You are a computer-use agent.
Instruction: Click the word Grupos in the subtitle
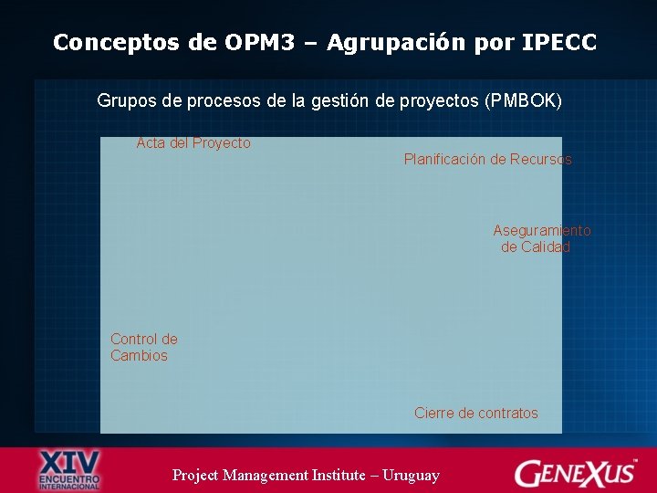[x=124, y=100]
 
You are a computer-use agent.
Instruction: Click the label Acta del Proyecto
[x=193, y=143]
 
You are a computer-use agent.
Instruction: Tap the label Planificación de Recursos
[x=488, y=160]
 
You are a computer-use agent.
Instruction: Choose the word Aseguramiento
[x=542, y=231]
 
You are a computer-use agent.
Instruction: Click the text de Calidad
[x=536, y=247]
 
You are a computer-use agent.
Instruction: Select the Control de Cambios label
[x=143, y=348]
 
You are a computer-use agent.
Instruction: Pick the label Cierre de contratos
[x=475, y=414]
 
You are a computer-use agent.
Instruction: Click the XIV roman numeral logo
[x=69, y=461]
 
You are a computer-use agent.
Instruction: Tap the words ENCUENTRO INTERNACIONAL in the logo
[x=69, y=481]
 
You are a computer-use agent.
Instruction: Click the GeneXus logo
[x=574, y=473]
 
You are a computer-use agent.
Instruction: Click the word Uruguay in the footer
[x=411, y=475]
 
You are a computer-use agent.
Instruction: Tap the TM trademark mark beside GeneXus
[x=636, y=461]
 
